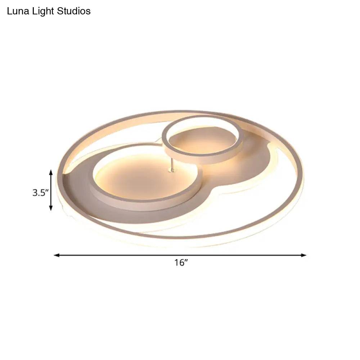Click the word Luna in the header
(18, 11)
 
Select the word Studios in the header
(74, 11)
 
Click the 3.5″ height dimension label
(40, 193)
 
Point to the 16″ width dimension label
(181, 262)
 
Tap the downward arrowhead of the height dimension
(51, 208)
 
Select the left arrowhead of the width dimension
(57, 255)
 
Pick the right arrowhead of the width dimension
(303, 255)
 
